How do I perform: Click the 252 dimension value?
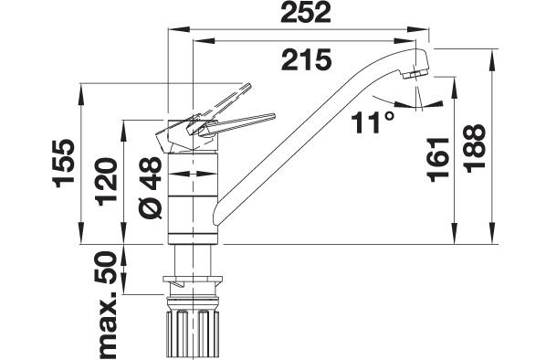pyautogui.click(x=305, y=13)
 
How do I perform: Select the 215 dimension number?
pyautogui.click(x=306, y=60)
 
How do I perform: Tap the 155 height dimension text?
pyautogui.click(x=64, y=164)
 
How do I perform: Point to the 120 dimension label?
pyautogui.click(x=107, y=182)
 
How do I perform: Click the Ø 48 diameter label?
pyautogui.click(x=151, y=188)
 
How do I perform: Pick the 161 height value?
pyautogui.click(x=437, y=159)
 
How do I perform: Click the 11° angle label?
pyautogui.click(x=373, y=122)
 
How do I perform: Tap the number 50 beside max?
pyautogui.click(x=106, y=268)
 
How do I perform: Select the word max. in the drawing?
pyautogui.click(x=106, y=324)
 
